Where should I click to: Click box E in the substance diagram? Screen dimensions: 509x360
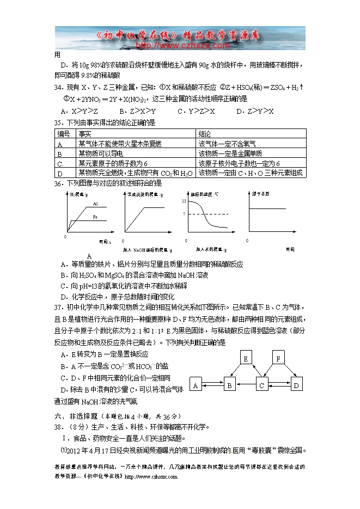click(246, 359)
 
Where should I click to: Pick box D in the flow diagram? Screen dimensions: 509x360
click(296, 385)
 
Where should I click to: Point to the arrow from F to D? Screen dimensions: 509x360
click(288, 372)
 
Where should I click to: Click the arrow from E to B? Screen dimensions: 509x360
click(238, 372)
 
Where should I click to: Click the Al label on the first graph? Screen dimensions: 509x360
click(95, 204)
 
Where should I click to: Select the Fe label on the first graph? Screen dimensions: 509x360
click(95, 217)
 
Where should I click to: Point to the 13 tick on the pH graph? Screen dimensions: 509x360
click(184, 201)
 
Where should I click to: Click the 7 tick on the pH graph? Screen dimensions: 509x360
click(185, 214)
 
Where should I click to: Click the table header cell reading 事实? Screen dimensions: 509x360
click(84, 133)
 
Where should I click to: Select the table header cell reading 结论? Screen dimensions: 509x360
click(205, 133)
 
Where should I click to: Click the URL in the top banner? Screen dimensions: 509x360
click(180, 46)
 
